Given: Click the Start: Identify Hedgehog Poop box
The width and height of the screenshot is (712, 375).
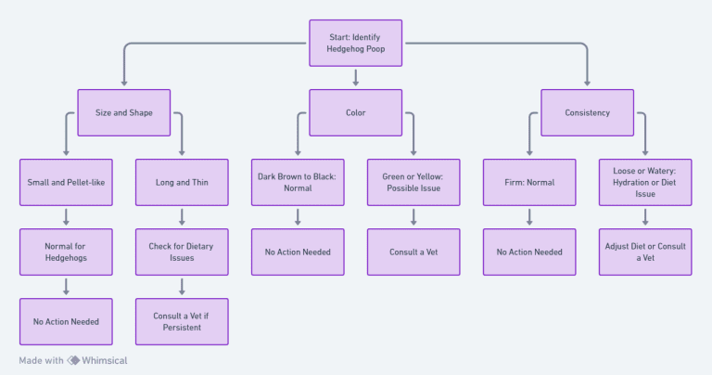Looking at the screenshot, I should coord(355,43).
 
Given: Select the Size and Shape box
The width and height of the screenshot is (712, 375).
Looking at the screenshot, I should coord(123,112).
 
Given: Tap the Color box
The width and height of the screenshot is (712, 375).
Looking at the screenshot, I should coord(355,112).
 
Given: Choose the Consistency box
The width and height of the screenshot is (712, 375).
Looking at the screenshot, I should coord(587,112).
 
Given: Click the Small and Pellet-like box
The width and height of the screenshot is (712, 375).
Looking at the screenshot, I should coord(66,182).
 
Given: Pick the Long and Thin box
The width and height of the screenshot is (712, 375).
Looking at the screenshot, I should coord(182,182).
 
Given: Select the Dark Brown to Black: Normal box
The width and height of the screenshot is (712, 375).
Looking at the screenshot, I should coord(298,182).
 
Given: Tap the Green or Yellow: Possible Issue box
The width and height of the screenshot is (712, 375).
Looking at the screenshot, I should coord(413,182).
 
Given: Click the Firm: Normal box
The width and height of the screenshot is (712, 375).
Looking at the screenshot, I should coord(529,182).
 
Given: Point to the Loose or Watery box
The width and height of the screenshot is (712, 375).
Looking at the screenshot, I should coord(645,182).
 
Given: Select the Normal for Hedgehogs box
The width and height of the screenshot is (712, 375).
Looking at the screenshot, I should coord(66,252).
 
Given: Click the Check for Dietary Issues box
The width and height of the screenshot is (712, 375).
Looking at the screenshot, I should coord(182,252).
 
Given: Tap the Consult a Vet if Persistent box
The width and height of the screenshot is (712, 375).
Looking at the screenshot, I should coord(182,321).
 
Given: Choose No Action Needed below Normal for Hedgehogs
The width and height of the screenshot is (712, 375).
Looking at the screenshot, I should coord(66,321).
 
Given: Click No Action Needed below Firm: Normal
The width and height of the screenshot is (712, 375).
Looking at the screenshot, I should coord(529,252).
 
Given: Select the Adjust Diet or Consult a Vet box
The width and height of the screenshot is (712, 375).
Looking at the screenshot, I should coord(645,252).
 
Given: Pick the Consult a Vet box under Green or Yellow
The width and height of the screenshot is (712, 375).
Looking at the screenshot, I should coord(413,252).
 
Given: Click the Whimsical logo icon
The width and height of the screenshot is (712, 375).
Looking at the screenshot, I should coord(73,360).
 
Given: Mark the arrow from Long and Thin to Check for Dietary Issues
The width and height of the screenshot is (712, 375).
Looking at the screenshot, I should coord(182,217).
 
